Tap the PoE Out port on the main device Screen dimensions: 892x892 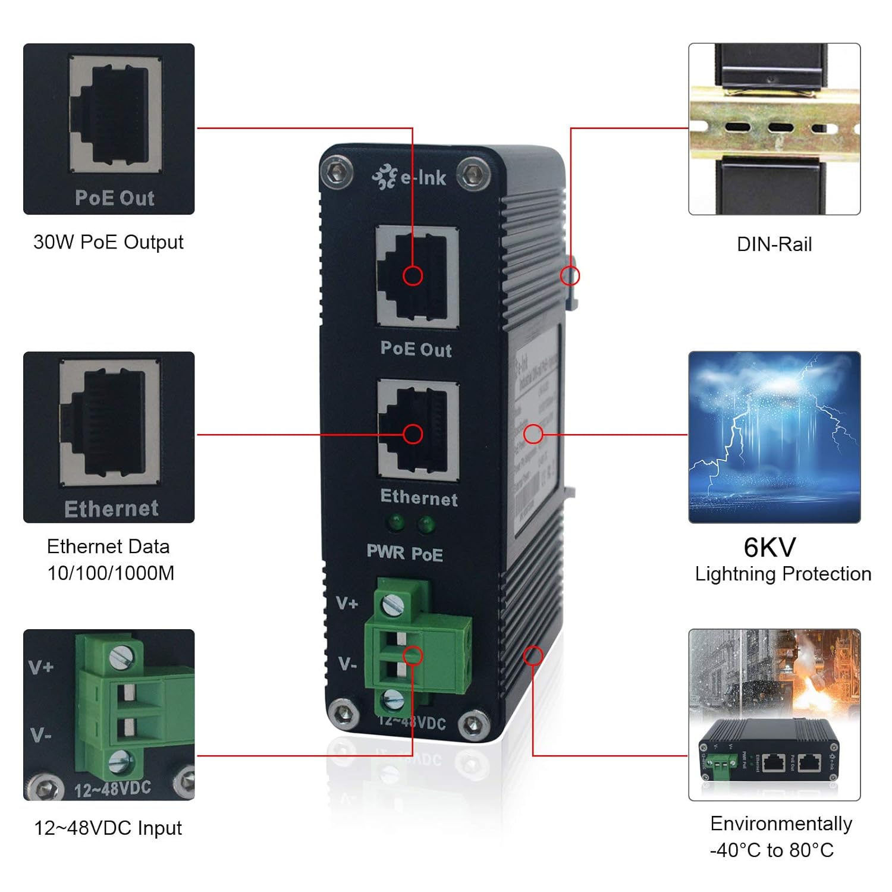(417, 276)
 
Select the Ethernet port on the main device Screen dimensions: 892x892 (418, 429)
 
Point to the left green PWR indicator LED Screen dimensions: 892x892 (395, 524)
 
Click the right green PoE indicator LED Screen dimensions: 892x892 (426, 524)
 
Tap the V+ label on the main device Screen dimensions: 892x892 (347, 604)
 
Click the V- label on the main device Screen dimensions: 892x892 (347, 664)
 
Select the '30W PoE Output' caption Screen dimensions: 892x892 (108, 242)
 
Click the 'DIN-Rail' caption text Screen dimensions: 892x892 (774, 244)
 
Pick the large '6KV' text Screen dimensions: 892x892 (769, 547)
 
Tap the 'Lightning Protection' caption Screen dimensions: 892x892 (783, 574)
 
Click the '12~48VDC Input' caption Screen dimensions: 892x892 (108, 828)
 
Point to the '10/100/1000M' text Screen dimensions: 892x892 (111, 573)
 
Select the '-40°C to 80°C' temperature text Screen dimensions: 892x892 (772, 850)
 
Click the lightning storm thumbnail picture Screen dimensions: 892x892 (774, 437)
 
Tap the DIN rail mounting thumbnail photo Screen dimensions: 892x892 (774, 128)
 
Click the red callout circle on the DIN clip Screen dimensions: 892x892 (570, 275)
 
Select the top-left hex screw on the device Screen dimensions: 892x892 (337, 173)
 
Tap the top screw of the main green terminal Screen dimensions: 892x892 (392, 605)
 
